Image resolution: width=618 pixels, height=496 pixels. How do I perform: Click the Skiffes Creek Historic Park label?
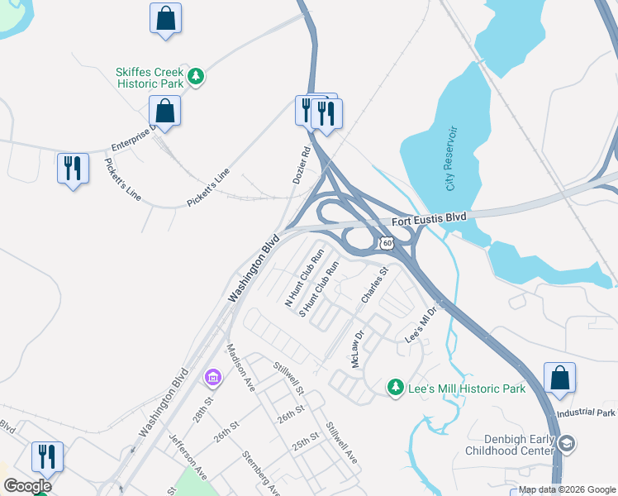pyautogui.click(x=149, y=78)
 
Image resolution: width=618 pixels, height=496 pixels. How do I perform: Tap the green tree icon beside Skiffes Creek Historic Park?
pyautogui.click(x=196, y=77)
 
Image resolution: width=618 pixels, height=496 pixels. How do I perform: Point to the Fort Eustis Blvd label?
pyautogui.click(x=429, y=217)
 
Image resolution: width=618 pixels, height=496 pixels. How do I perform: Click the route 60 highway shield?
pyautogui.click(x=387, y=242)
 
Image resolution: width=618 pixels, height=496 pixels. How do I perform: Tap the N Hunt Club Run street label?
pyautogui.click(x=302, y=279)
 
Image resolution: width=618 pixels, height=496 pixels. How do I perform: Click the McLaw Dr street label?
pyautogui.click(x=357, y=351)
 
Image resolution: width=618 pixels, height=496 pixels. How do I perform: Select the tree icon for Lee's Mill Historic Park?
pyautogui.click(x=396, y=388)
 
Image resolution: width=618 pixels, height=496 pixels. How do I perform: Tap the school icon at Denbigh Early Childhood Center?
pyautogui.click(x=567, y=444)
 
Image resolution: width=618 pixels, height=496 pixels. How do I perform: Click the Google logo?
pyautogui.click(x=27, y=486)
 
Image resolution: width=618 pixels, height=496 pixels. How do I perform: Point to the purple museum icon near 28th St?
pyautogui.click(x=212, y=378)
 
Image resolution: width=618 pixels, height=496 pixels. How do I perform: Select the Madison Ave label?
pyautogui.click(x=242, y=366)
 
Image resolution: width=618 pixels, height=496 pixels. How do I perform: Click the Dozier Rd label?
pyautogui.click(x=302, y=165)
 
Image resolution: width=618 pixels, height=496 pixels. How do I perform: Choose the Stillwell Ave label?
pyautogui.click(x=340, y=443)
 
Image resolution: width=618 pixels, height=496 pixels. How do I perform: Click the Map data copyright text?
pyautogui.click(x=566, y=490)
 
